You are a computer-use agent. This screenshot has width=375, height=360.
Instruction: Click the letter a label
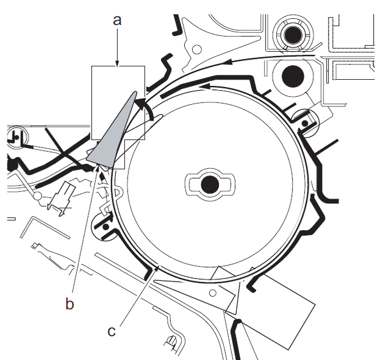(118, 20)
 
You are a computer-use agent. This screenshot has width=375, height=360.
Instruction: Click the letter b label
(70, 303)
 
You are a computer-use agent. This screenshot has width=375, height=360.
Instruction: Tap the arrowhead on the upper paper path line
(232, 62)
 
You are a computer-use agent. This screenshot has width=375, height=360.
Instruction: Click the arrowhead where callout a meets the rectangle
(118, 63)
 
